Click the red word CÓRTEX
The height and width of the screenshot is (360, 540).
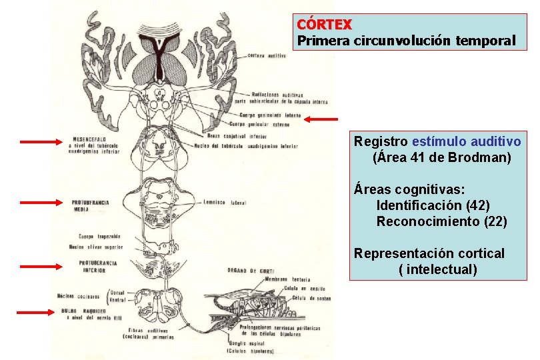[324, 24]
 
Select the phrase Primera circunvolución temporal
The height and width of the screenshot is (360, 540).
[406, 41]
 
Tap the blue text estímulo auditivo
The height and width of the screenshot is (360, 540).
[467, 141]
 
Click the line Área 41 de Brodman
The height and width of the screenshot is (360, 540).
[442, 158]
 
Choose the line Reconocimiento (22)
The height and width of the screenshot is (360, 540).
[441, 221]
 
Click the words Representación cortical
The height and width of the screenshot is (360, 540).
[429, 253]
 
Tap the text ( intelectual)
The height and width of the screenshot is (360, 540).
[437, 270]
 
